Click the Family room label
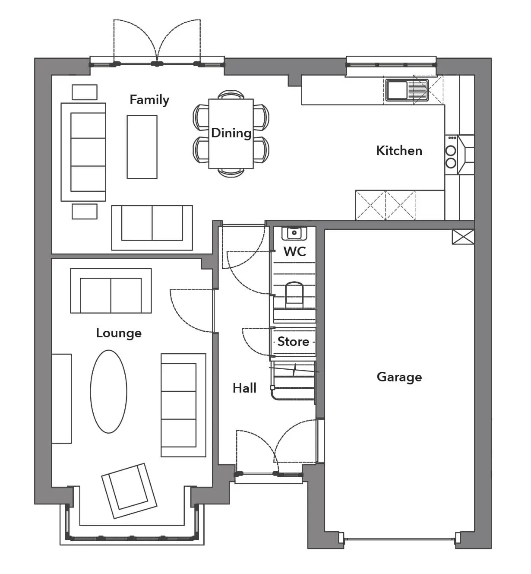(x=149, y=100)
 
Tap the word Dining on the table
(x=231, y=133)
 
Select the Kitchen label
(x=399, y=151)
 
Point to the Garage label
(x=399, y=377)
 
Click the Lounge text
(x=119, y=333)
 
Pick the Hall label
(x=244, y=388)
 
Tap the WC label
(x=295, y=251)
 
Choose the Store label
(x=293, y=342)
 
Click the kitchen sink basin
(x=397, y=90)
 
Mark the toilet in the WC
(x=294, y=295)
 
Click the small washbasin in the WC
(x=294, y=233)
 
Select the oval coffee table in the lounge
(x=109, y=392)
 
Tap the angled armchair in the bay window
(x=129, y=491)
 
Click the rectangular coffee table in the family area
(x=142, y=147)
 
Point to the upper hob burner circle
(x=451, y=151)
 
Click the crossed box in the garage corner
(x=463, y=237)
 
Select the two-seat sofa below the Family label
(x=152, y=228)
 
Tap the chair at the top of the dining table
(x=231, y=95)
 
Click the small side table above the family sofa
(x=84, y=92)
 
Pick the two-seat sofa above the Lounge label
(x=111, y=291)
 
